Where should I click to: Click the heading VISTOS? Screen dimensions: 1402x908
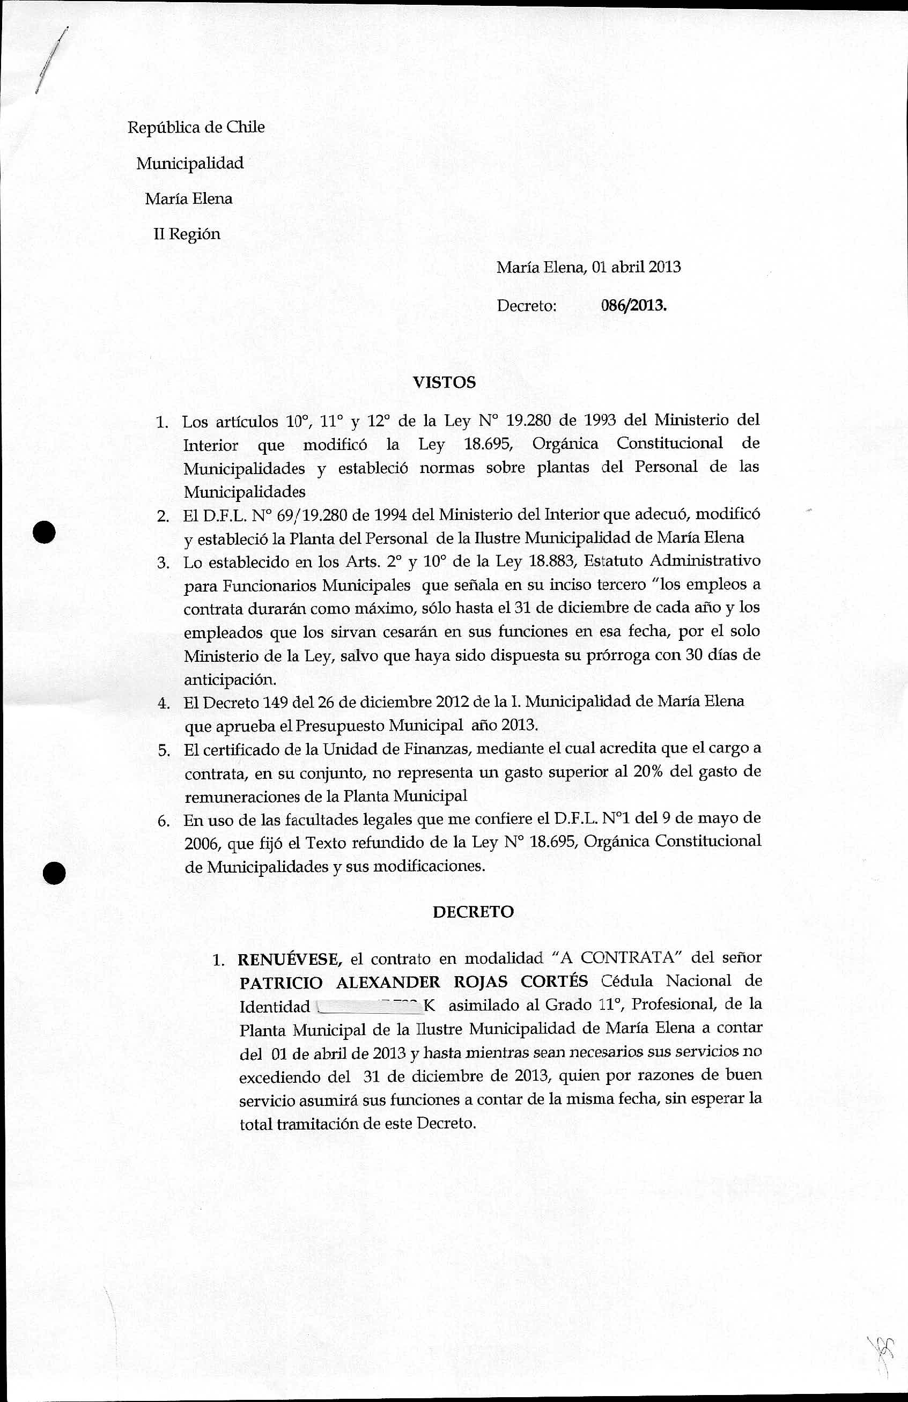[444, 382]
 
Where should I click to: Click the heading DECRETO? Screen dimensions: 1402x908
[473, 912]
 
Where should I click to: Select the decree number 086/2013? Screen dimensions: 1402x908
[633, 306]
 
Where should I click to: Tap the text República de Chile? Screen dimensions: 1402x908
[196, 127]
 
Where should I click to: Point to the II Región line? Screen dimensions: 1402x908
[187, 234]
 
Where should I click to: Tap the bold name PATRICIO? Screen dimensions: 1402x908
[281, 983]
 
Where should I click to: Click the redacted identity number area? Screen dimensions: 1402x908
[368, 1006]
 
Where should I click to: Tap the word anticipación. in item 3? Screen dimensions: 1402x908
[230, 679]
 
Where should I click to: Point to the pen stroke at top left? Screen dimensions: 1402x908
[52, 59]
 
